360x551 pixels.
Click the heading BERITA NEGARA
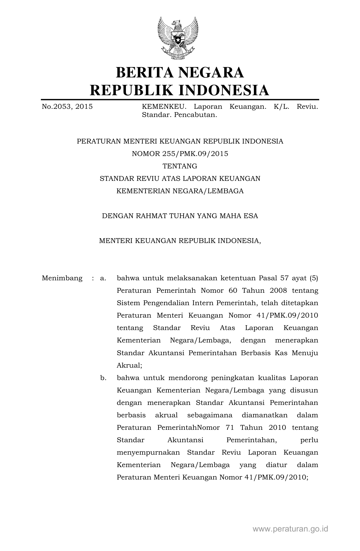point(180,72)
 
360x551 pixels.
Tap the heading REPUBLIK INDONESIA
point(180,90)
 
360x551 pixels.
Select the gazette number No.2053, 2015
point(67,107)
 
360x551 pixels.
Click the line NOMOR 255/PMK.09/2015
point(180,154)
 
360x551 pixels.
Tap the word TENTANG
point(180,166)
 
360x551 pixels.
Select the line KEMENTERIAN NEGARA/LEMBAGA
point(180,191)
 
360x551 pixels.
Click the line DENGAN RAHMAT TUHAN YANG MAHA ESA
point(180,216)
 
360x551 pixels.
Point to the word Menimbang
point(62,278)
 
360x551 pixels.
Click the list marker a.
point(103,278)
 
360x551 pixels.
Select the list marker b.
point(103,378)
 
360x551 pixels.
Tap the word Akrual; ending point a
point(129,366)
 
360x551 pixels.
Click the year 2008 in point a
point(278,291)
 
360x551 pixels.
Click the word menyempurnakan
point(148,453)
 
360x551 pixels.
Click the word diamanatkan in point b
point(265,415)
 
